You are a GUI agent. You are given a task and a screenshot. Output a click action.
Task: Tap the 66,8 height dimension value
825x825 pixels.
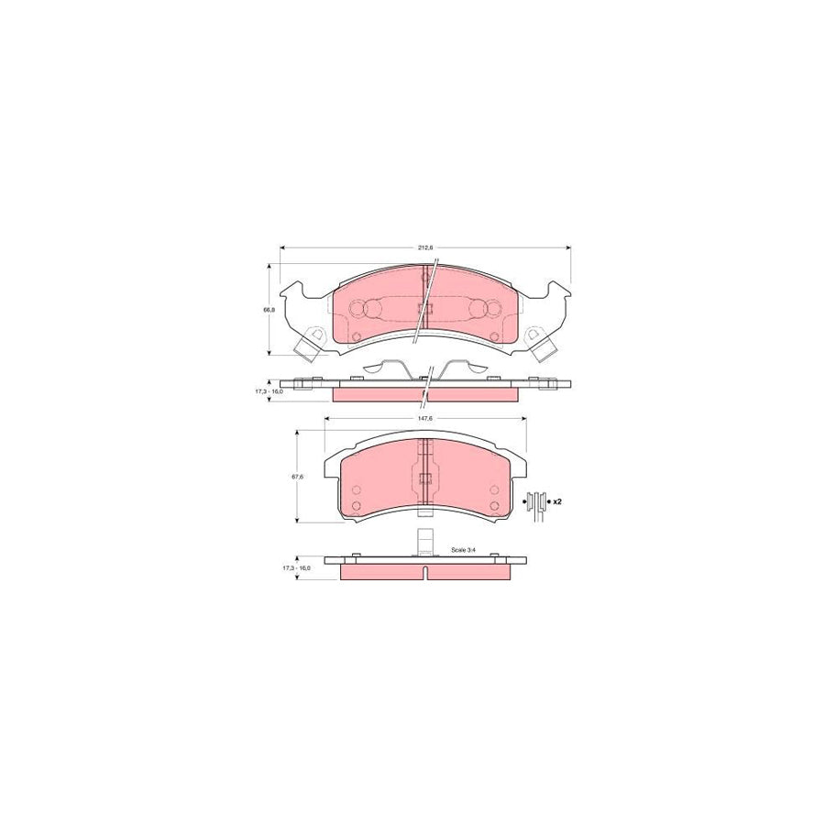269,310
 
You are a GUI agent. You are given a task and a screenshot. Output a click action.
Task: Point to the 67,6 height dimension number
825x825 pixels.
295,476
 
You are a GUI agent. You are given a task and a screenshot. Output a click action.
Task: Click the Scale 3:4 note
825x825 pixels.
464,550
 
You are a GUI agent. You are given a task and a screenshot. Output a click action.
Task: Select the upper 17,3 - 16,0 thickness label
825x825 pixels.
269,391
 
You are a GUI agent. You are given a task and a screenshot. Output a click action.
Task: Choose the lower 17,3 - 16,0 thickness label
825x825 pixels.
295,568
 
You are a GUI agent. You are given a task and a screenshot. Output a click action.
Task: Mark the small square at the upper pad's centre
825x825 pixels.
423,308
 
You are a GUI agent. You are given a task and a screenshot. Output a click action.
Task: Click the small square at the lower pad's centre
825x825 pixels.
423,478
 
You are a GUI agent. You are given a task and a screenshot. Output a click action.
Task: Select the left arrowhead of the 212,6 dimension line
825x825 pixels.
282,247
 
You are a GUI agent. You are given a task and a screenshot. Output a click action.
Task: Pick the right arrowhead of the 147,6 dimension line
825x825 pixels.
525,420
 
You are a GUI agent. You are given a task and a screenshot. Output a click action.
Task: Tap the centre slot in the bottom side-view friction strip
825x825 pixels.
427,573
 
